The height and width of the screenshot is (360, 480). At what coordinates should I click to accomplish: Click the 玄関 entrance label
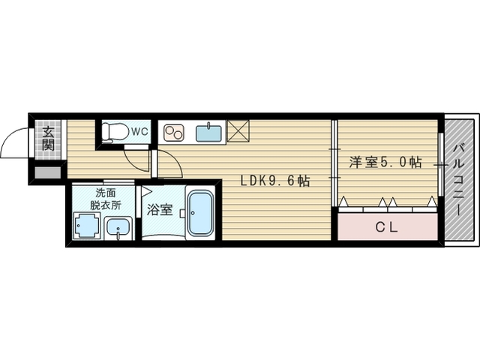pos(47,139)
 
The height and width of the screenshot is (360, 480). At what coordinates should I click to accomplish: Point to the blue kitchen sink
pos(209,133)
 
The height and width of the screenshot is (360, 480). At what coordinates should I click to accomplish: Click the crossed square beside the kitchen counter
pos(238,131)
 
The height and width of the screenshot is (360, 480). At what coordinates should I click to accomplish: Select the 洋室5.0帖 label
pos(385,161)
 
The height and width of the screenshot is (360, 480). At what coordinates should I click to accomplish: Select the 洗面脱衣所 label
pos(102,197)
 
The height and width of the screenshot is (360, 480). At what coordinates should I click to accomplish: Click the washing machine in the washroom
pos(86,226)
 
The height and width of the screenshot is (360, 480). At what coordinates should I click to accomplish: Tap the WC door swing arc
pos(136,162)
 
